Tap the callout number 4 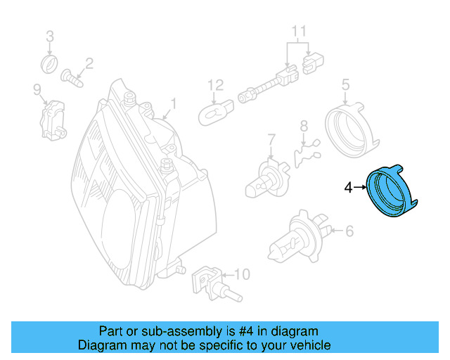coord(347,188)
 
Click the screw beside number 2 coord(72,77)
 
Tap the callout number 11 coord(300,30)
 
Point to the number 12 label coord(214,85)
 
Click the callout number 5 coord(345,85)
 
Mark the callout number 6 coord(349,230)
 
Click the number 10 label coord(241,273)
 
